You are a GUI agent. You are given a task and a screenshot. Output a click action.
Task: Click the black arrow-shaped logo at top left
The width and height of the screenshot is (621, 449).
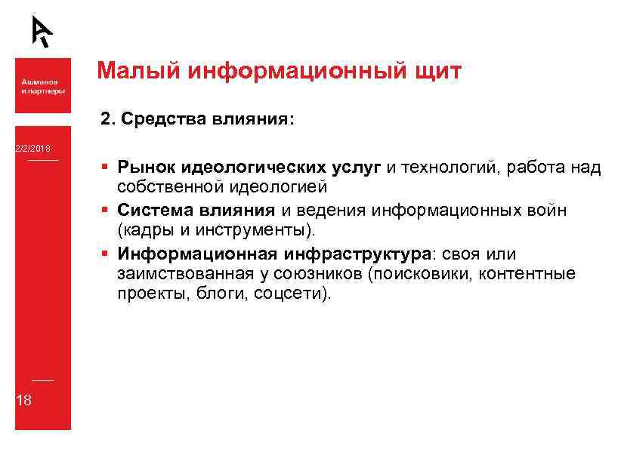pos(42,31)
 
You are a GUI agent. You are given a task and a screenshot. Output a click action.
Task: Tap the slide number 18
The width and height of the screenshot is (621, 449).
pos(23,400)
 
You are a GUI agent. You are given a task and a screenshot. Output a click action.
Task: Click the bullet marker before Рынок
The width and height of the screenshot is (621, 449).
pos(103,168)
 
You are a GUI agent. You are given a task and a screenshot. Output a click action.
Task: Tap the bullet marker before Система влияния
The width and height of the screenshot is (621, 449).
pos(103,209)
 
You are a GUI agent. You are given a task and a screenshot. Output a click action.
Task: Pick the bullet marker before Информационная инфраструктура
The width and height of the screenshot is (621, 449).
pos(103,253)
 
